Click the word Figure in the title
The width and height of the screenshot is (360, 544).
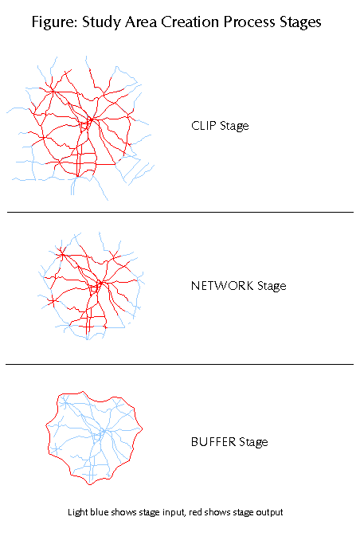coord(54,22)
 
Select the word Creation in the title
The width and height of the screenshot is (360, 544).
coord(190,22)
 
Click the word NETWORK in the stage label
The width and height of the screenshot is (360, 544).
coord(222,285)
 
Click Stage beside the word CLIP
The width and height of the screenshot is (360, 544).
coord(234,126)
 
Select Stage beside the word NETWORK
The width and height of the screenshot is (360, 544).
coord(272,286)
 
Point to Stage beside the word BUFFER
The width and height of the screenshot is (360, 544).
coord(253,442)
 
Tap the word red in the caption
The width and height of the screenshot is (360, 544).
coord(195,512)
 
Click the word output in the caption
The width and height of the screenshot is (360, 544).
coord(269,513)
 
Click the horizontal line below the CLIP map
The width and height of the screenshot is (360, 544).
coord(180,212)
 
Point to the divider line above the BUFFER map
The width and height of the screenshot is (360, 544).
coord(180,364)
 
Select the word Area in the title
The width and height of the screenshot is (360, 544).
coord(141,22)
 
